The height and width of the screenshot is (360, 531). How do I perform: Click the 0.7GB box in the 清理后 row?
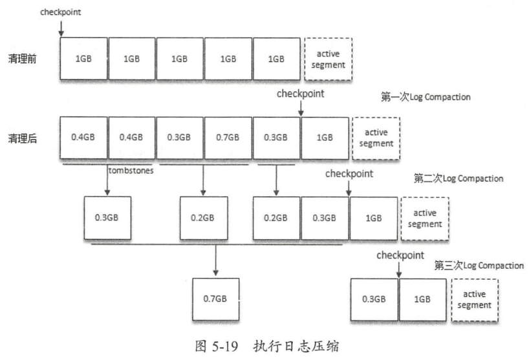click(x=228, y=138)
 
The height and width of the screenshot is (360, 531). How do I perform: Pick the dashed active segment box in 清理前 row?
click(x=327, y=58)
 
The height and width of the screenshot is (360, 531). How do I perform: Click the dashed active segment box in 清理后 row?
click(x=376, y=138)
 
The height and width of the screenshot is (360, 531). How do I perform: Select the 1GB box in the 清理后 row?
click(x=325, y=138)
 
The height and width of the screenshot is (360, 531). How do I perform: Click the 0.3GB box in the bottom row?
click(x=374, y=299)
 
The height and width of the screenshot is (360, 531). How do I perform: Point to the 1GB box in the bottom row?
click(x=422, y=299)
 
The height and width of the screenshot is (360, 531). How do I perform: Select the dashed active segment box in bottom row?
click(x=474, y=299)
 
